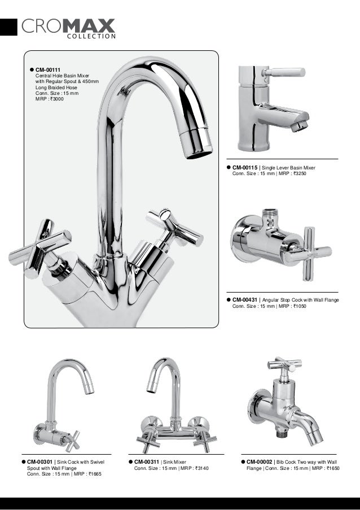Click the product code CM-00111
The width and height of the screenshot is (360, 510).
49,69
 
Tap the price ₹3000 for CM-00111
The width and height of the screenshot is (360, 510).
57,100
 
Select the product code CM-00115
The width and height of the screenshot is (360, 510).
245,168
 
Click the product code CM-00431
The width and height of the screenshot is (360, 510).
245,300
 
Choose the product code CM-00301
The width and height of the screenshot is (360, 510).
39,463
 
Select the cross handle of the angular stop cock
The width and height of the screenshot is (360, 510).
310,248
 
